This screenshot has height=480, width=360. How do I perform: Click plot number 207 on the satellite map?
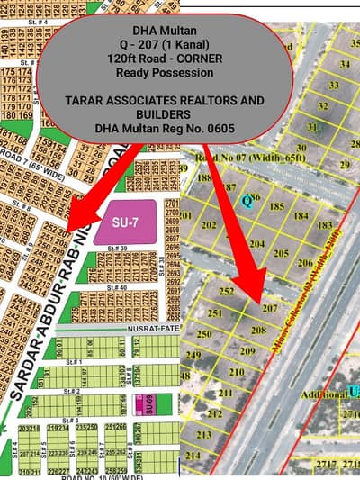270,307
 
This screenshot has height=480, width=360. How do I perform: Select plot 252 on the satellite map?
228,291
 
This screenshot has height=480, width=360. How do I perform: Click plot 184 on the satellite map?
301,214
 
